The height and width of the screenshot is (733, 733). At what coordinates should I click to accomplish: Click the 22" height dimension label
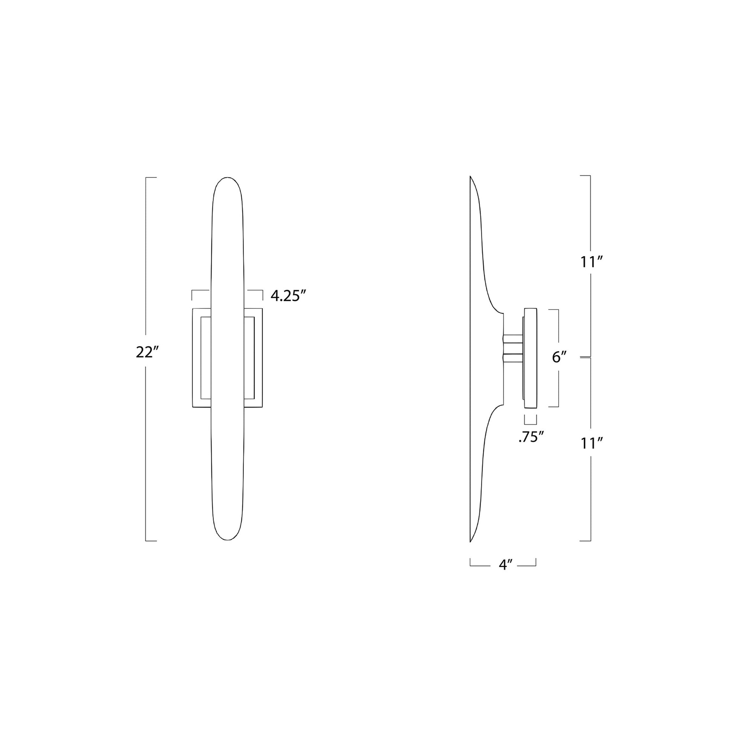147,353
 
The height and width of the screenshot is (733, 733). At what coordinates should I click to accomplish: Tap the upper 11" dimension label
591,262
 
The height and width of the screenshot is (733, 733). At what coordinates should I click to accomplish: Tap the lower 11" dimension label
591,443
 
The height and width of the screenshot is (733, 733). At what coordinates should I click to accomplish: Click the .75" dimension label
531,438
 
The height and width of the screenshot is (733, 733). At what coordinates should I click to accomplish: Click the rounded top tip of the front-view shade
227,178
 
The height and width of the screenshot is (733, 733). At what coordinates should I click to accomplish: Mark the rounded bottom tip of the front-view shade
227,539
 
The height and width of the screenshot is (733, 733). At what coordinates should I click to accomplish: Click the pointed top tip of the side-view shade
470,177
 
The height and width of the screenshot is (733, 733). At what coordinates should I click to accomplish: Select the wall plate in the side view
530,358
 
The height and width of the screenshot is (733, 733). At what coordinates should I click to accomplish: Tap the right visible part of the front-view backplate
253,358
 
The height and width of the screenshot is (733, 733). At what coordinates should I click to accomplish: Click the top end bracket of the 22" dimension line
151,177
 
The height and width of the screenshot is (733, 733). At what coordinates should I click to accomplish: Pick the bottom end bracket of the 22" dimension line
151,541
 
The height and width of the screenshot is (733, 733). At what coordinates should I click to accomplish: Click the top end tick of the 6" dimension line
554,310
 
